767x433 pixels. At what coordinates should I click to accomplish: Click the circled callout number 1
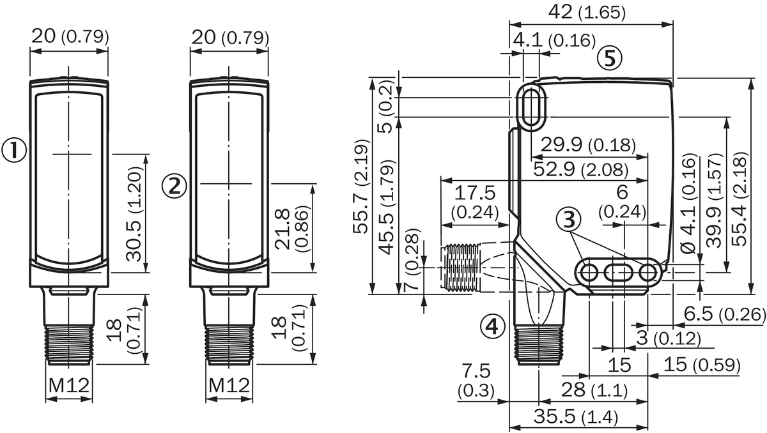14,151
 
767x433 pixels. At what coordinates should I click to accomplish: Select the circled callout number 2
174,186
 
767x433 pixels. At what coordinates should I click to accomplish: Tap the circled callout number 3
569,220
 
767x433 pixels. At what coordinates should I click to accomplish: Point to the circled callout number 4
493,326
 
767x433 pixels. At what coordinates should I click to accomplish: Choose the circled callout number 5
610,59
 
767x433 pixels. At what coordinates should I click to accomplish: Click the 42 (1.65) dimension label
587,12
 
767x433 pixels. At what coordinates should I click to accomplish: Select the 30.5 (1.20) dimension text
134,214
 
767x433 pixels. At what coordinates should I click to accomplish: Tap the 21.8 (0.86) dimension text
292,229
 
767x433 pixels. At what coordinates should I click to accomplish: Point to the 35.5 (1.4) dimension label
576,416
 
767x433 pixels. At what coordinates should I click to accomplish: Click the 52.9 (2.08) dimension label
581,170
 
